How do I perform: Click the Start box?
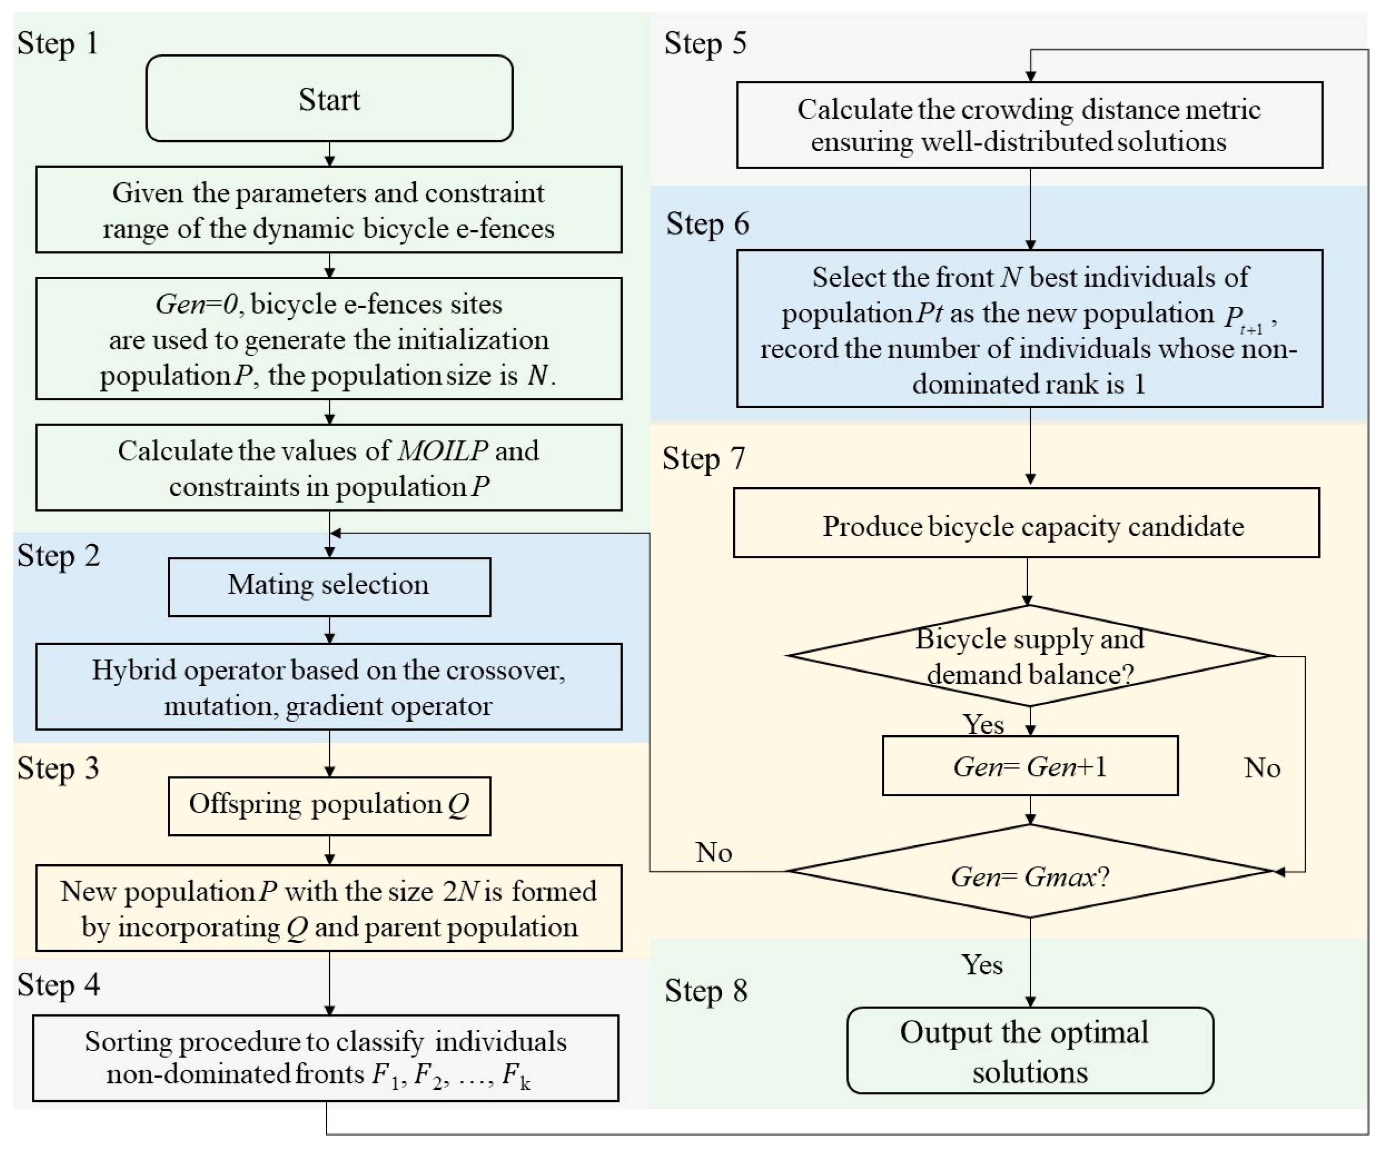329,99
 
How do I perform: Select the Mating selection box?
329,586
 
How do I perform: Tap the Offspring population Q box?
329,805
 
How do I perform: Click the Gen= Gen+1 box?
1030,766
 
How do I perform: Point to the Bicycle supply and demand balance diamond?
1030,656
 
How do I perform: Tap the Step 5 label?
705,44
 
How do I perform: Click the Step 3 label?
58,768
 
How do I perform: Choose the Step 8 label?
705,990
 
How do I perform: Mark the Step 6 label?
707,224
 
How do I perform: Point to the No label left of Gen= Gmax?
714,852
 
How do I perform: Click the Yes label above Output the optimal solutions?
982,964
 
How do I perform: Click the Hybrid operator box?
329,687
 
